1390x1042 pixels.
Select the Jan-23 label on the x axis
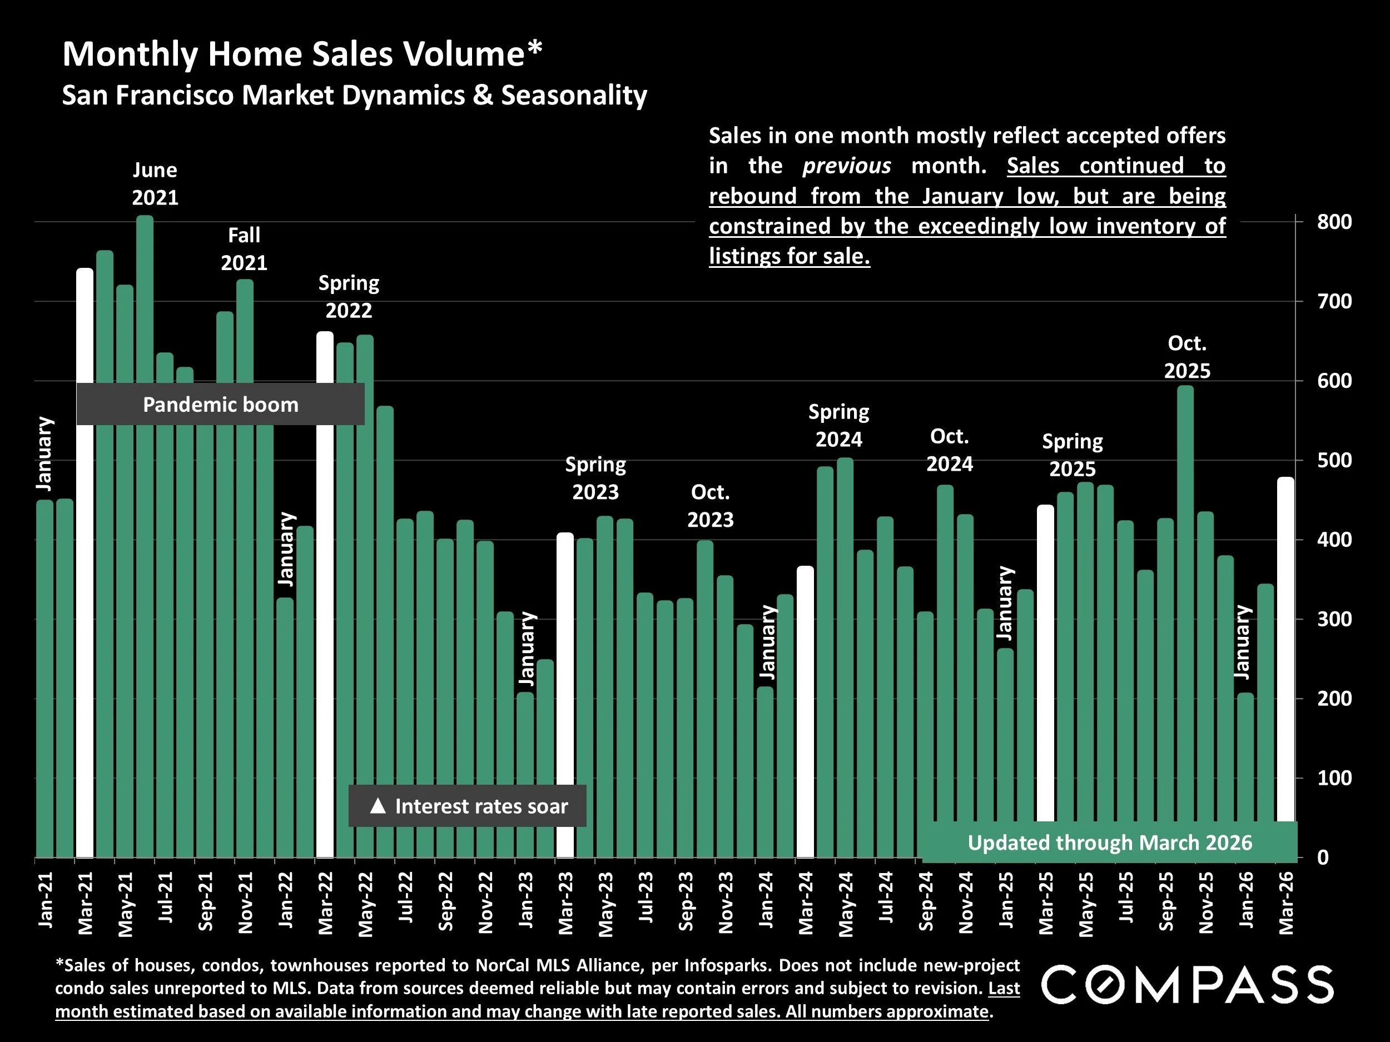[x=526, y=900]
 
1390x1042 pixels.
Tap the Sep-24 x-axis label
[x=926, y=901]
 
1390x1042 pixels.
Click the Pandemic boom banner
[x=220, y=405]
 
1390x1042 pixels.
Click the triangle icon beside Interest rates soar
[x=378, y=806]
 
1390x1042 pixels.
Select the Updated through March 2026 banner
[x=1109, y=842]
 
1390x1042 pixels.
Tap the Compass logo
[x=1187, y=985]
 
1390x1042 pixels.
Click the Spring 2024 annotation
[x=838, y=425]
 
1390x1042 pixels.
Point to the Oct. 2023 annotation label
[x=710, y=506]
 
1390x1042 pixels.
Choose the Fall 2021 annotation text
[x=244, y=249]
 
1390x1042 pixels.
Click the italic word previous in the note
[x=846, y=166]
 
